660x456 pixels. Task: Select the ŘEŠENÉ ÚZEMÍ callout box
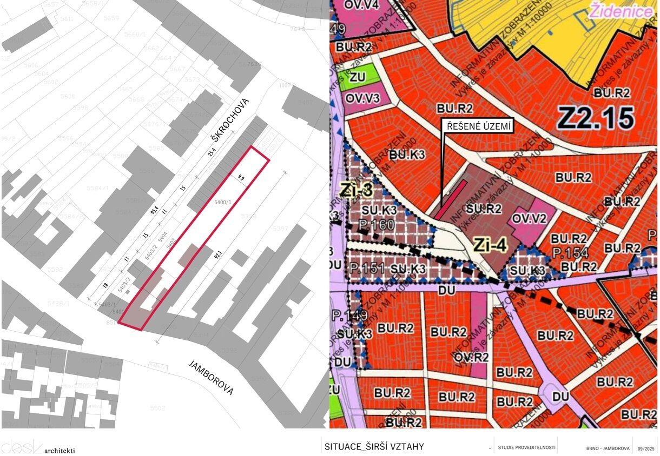(x=478, y=126)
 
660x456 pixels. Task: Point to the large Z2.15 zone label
(x=596, y=117)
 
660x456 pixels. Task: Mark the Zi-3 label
(x=357, y=189)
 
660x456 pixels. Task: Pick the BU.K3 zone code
(x=407, y=155)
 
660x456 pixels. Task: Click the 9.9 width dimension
(x=240, y=177)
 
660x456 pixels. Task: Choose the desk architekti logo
(x=38, y=446)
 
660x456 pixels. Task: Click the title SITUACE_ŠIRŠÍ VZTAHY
(x=374, y=447)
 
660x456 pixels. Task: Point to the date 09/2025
(x=646, y=448)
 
